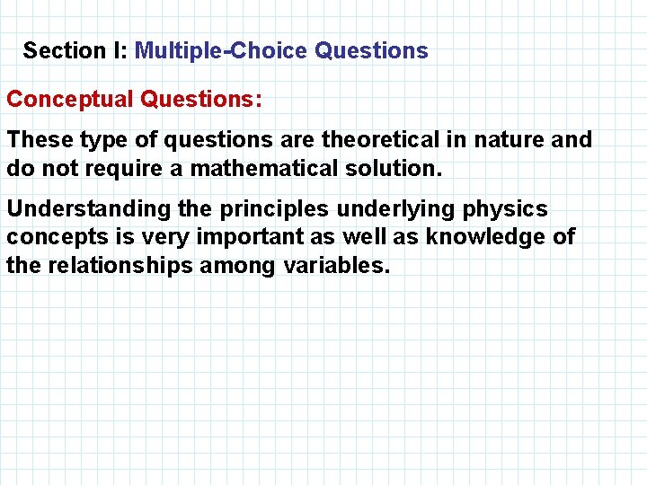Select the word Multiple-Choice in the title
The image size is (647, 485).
222,50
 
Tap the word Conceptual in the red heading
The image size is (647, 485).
70,99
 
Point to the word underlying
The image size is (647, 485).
395,209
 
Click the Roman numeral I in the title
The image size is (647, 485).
119,50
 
